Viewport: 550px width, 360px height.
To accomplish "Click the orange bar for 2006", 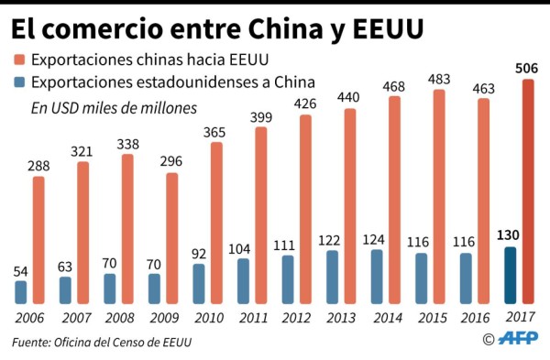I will tap(38, 239).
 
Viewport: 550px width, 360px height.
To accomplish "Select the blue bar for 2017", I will tap(511, 276).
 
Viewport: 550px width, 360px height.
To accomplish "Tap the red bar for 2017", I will tap(528, 191).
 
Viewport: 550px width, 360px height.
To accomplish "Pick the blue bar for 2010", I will tap(199, 283).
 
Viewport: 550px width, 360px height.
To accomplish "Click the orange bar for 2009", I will tap(171, 238).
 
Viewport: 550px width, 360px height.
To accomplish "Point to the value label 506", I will tap(528, 69).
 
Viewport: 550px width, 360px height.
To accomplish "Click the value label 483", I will tap(438, 79).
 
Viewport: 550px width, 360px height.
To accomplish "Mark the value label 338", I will tap(127, 144).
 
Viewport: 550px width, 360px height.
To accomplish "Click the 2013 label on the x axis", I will tap(339, 317).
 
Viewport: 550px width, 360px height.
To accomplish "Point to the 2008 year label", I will tap(118, 317).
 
